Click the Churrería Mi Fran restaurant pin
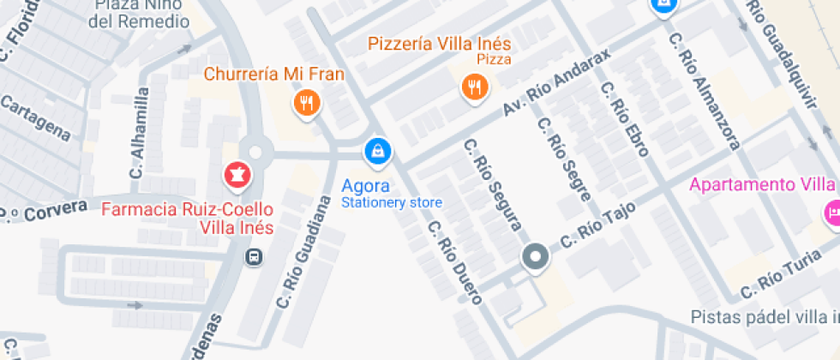click(306, 104)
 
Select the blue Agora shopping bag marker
click(377, 152)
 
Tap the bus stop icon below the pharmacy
click(255, 257)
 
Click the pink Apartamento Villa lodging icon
click(830, 213)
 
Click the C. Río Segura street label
click(493, 185)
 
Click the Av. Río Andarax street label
click(556, 84)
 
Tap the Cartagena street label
click(35, 119)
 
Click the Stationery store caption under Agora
click(392, 203)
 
